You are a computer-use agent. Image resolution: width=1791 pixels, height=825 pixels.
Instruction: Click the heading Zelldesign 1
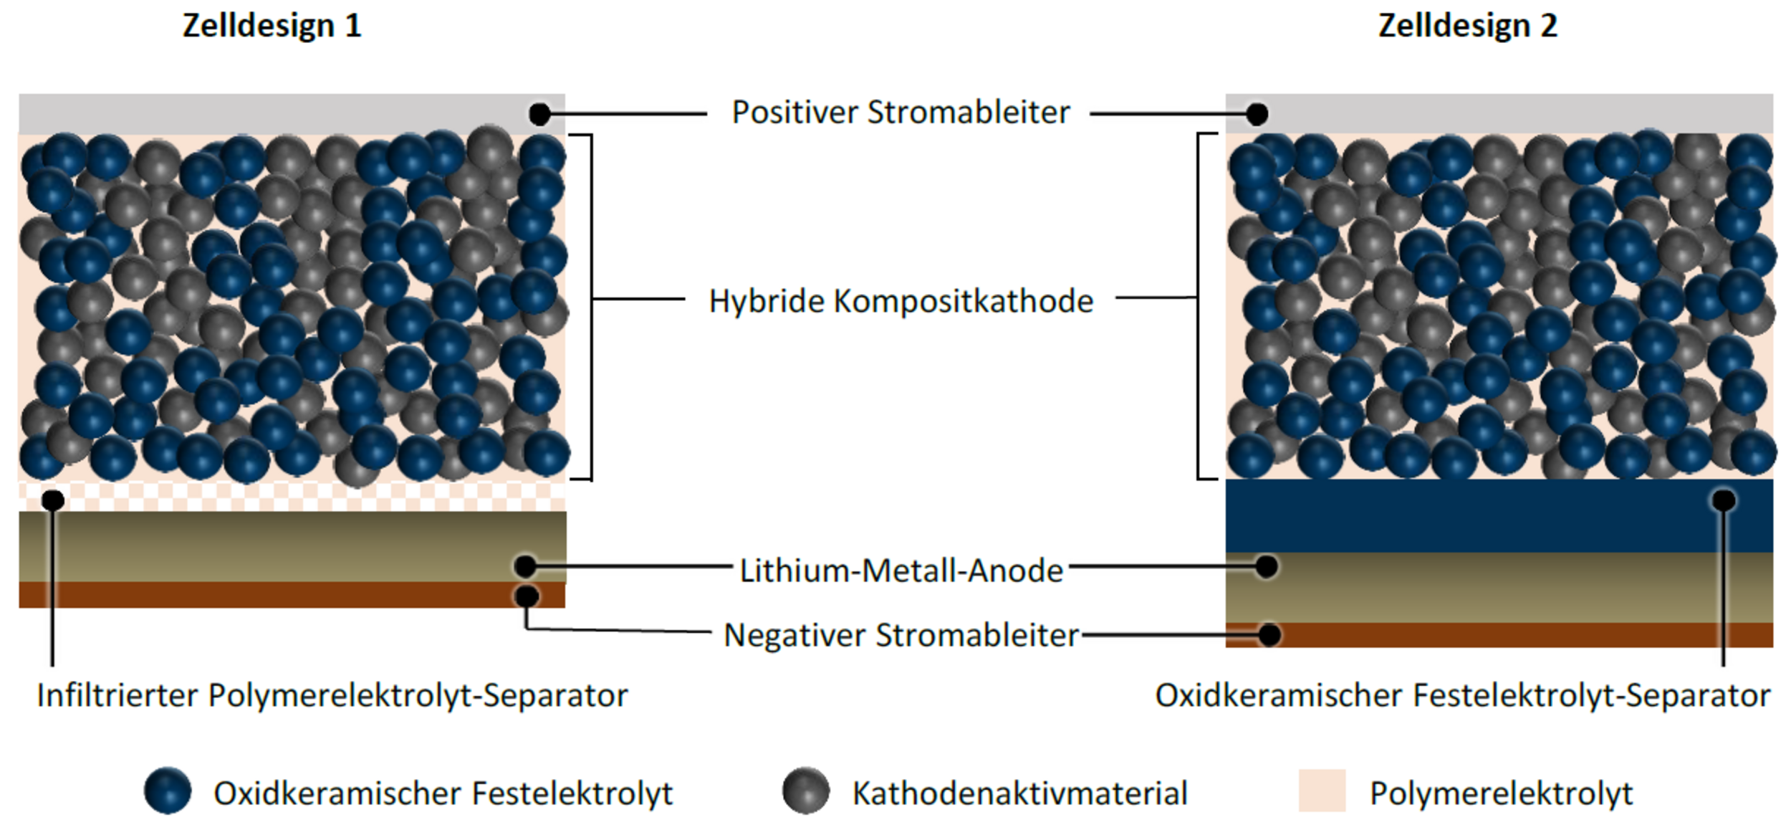click(x=272, y=26)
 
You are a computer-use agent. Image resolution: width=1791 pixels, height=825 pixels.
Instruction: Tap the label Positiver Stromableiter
click(x=901, y=113)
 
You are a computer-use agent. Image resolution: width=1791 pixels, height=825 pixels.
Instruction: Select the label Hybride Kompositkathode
click(x=901, y=301)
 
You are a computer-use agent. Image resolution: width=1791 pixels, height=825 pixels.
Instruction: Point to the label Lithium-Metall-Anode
click(x=901, y=571)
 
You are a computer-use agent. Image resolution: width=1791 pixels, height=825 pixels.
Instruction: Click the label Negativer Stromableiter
click(x=901, y=635)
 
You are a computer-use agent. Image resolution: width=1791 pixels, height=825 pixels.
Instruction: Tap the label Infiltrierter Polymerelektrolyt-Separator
click(x=332, y=695)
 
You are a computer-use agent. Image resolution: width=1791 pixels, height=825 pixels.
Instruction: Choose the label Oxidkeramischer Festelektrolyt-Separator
click(x=1462, y=695)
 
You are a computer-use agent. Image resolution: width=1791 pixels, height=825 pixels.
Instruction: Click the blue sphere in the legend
click(x=168, y=791)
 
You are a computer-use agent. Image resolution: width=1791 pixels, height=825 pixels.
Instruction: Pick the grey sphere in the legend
click(x=806, y=791)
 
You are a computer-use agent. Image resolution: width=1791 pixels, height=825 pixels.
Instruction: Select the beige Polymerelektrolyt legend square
click(x=1322, y=791)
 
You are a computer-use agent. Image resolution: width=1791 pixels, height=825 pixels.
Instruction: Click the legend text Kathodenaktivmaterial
click(x=1019, y=793)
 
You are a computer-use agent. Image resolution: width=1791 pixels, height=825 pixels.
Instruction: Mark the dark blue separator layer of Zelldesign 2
click(x=1469, y=516)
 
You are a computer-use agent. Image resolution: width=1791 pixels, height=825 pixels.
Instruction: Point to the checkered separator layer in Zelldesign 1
click(x=287, y=495)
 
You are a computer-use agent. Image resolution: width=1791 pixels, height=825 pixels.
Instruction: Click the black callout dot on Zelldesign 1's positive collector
click(x=539, y=114)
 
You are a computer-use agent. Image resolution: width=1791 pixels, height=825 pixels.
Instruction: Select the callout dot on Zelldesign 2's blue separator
click(x=1724, y=500)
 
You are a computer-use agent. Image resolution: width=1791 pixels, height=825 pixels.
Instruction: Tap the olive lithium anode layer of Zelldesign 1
click(x=287, y=546)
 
